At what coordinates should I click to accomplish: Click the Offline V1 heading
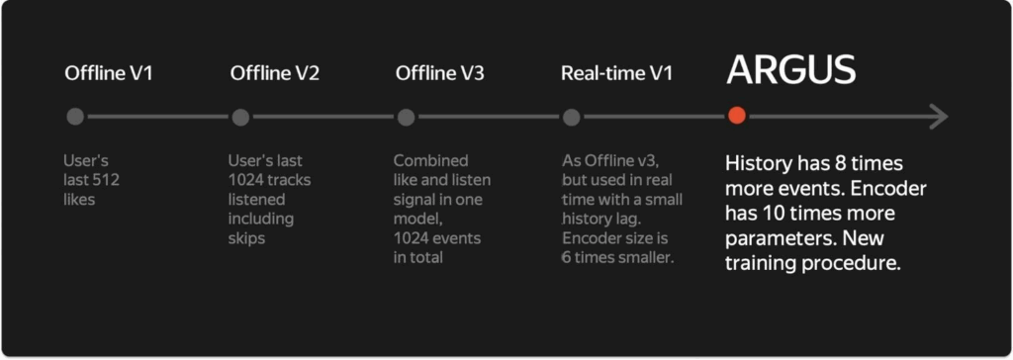coord(109,73)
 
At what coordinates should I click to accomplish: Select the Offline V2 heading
coord(275,73)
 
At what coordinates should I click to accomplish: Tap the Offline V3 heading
coord(440,73)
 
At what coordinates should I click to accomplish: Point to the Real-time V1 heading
coord(617,73)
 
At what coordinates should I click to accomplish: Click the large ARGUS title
coord(790,69)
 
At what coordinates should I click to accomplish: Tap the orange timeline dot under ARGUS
coord(736,117)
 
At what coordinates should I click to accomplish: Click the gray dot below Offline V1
coord(75,117)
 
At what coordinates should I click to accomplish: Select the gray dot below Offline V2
coord(240,117)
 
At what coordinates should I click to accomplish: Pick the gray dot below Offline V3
coord(406,117)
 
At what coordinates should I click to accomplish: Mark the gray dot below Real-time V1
coord(571,117)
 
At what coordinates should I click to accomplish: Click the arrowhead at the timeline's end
coord(939,117)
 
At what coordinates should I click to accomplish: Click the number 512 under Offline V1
coord(105,180)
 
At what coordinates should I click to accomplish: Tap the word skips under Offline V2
coord(246,238)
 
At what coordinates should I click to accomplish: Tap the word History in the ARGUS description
coord(752,163)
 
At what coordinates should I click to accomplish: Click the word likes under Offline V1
coord(79,199)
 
